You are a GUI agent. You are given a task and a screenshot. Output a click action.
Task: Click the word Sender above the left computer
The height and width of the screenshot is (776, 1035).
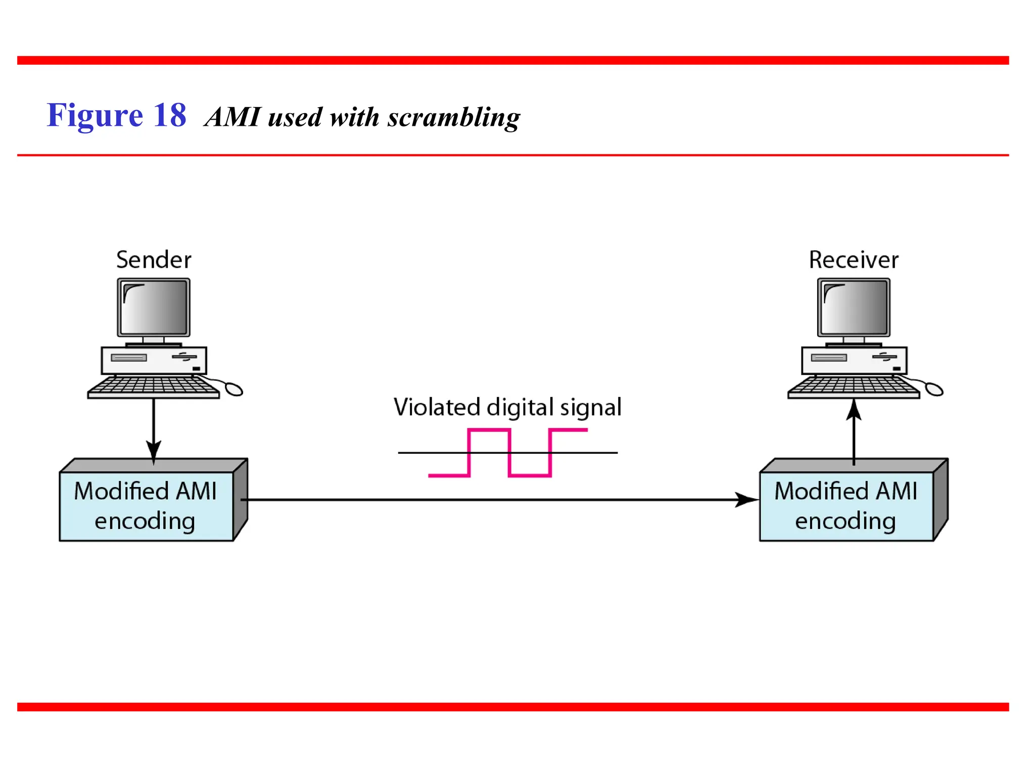coord(154,260)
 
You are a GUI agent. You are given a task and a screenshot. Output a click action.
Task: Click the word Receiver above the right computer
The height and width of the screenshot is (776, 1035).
coord(854,260)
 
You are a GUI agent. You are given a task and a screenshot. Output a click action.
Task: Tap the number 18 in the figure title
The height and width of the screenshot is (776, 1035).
coord(170,115)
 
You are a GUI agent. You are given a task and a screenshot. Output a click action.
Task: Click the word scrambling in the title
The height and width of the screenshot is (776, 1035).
coord(453,117)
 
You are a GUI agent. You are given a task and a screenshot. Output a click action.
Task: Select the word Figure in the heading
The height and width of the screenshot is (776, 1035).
coord(95,115)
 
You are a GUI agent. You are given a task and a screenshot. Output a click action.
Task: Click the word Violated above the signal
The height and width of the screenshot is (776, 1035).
coord(437,407)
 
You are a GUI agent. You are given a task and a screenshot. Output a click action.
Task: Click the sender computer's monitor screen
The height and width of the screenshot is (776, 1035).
coord(154,307)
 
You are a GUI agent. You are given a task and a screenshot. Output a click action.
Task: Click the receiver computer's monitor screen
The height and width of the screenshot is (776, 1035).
coord(854,307)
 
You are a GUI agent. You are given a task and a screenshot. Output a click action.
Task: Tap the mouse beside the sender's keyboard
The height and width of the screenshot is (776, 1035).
coord(234,389)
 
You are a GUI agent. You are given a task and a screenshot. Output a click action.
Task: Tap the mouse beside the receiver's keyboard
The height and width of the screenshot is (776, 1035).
coord(934,389)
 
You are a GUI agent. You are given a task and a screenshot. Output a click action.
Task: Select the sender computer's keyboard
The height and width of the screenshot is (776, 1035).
coord(154,387)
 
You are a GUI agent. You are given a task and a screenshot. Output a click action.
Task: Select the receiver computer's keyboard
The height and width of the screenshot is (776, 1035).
coord(854,387)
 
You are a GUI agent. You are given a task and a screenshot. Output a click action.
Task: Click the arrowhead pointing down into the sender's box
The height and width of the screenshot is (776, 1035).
coord(154,450)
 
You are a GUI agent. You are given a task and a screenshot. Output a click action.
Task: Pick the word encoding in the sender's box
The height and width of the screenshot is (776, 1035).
coord(145,521)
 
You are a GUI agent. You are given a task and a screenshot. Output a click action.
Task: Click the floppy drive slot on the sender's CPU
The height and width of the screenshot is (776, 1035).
coord(129,358)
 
